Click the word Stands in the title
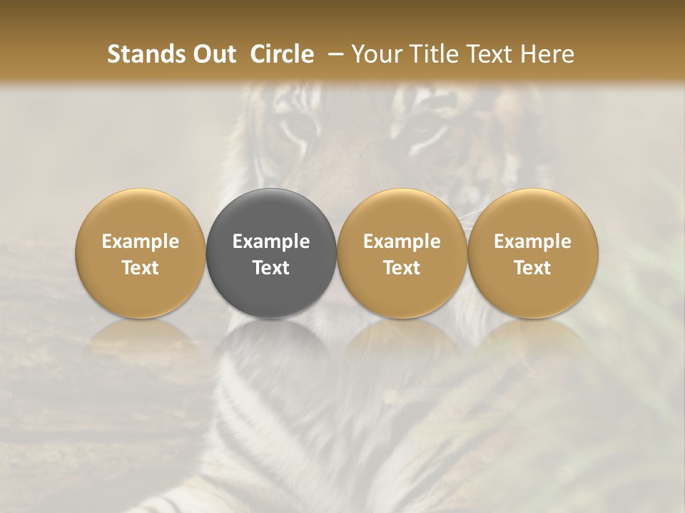click(x=146, y=54)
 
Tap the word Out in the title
click(x=213, y=54)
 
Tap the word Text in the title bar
click(x=494, y=54)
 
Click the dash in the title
click(x=333, y=54)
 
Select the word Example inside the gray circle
click(x=271, y=242)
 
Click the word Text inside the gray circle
click(x=271, y=268)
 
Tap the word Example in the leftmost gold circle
click(x=141, y=242)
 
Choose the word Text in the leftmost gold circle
click(x=141, y=268)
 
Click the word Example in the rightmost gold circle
click(x=532, y=242)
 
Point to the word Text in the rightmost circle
click(x=532, y=268)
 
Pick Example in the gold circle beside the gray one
click(x=402, y=242)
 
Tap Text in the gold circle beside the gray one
click(x=402, y=268)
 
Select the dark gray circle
click(x=271, y=214)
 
